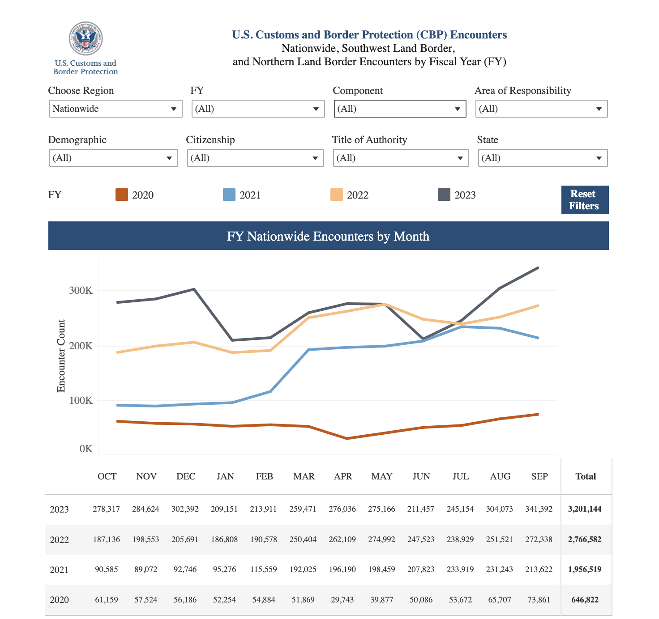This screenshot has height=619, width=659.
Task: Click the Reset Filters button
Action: pyautogui.click(x=584, y=200)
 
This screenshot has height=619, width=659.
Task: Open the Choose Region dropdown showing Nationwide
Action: pyautogui.click(x=116, y=109)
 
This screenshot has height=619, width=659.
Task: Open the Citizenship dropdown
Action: pyautogui.click(x=255, y=158)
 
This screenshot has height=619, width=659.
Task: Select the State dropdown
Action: pyautogui.click(x=543, y=158)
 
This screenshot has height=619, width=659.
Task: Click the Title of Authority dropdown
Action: pyautogui.click(x=401, y=158)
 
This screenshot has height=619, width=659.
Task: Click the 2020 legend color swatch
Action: pyautogui.click(x=122, y=195)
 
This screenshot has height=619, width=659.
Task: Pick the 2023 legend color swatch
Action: pyautogui.click(x=444, y=195)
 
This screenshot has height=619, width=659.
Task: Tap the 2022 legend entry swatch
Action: pyautogui.click(x=336, y=195)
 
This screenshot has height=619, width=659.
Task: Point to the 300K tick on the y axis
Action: pyautogui.click(x=81, y=291)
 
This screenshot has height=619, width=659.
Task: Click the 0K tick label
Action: pyautogui.click(x=86, y=449)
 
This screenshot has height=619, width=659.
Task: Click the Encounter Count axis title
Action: pyautogui.click(x=61, y=356)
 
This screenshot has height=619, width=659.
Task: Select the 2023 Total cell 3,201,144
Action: pyautogui.click(x=585, y=509)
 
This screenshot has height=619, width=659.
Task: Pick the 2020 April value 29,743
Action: pyautogui.click(x=342, y=600)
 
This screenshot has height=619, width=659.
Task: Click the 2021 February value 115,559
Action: pyautogui.click(x=264, y=569)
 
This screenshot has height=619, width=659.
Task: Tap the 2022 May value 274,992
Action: pyautogui.click(x=381, y=539)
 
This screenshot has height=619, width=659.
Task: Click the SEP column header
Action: pyautogui.click(x=539, y=476)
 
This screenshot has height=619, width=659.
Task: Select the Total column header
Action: pyautogui.click(x=586, y=476)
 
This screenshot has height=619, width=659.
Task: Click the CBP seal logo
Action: pyautogui.click(x=86, y=39)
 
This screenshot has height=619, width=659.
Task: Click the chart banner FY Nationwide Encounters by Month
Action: pyautogui.click(x=328, y=236)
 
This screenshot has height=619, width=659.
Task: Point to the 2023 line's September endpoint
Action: pyautogui.click(x=538, y=268)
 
